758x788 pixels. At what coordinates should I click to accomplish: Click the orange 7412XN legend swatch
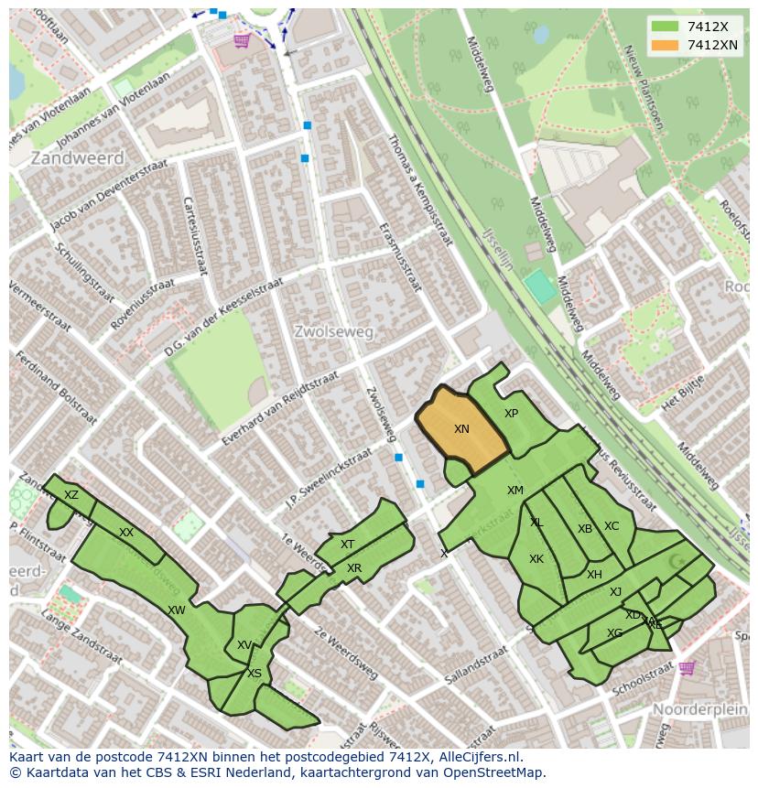tap(666, 45)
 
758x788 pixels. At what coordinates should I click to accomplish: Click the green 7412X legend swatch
tap(666, 27)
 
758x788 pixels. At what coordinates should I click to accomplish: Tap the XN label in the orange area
tap(461, 429)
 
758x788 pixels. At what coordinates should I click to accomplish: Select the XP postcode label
tap(511, 414)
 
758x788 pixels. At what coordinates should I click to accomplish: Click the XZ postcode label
tap(71, 495)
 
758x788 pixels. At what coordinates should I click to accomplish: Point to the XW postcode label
tap(177, 610)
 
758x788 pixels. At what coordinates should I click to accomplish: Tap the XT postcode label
tap(348, 545)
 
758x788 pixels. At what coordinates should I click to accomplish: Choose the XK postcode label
tap(536, 559)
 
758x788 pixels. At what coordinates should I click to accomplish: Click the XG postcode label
tap(614, 633)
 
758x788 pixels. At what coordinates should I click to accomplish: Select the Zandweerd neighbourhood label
tap(64, 158)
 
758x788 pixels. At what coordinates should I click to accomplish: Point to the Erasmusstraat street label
tap(402, 260)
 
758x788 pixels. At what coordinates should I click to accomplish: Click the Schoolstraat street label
tap(644, 682)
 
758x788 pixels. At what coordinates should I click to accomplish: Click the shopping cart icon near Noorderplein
tap(687, 668)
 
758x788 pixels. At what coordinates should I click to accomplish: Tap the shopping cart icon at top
tap(242, 40)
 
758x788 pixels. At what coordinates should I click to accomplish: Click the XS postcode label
tap(254, 674)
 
